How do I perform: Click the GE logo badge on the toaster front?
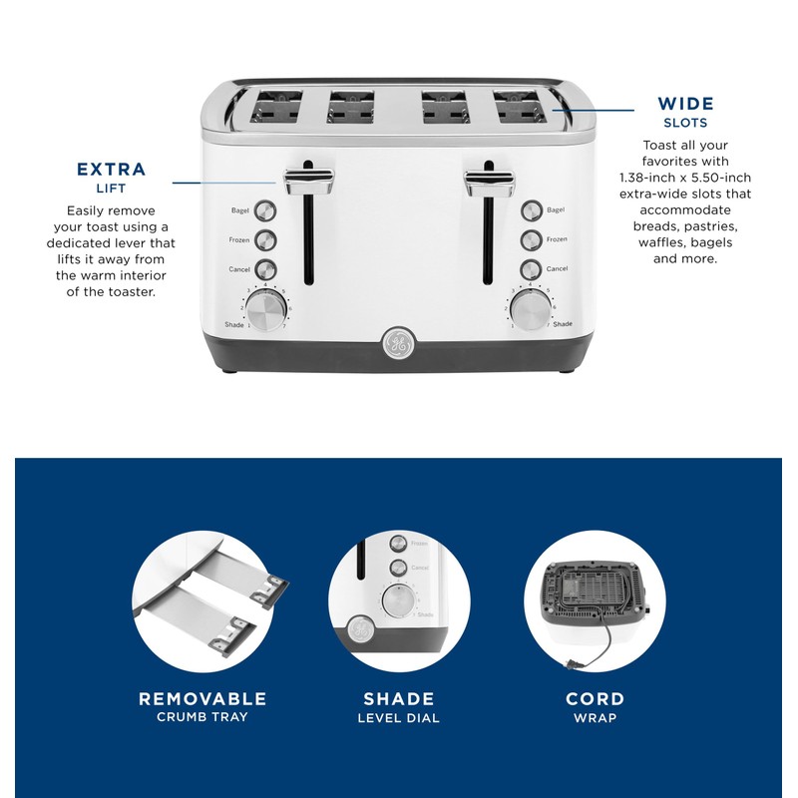point(397,342)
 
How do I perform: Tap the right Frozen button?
point(530,239)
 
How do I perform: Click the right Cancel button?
point(530,269)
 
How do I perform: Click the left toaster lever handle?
point(308,181)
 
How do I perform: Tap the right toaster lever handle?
point(489,181)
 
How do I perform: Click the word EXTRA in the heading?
point(111,170)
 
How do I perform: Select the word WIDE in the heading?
point(685,104)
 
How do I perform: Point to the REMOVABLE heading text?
point(202,699)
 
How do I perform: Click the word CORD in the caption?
point(595,699)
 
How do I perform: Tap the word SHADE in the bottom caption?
point(399,699)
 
